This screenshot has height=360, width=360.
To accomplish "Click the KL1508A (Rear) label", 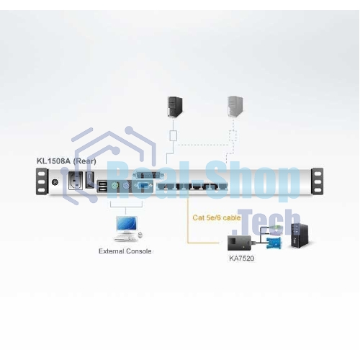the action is tap(66, 161).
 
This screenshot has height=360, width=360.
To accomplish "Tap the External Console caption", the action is tap(125, 251).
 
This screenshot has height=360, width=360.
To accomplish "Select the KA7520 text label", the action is tap(241, 258).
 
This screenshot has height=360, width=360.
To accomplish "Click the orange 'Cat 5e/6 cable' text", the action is tap(217, 217).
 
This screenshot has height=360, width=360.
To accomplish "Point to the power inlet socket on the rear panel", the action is tap(76, 181).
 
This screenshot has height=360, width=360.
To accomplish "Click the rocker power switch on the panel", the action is tap(89, 180).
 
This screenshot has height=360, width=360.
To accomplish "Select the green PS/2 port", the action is tap(114, 186).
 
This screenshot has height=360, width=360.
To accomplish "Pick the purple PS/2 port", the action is tap(126, 186).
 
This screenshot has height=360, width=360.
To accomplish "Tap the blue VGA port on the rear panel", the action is tap(143, 186).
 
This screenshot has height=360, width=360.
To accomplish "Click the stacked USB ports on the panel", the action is tap(103, 186).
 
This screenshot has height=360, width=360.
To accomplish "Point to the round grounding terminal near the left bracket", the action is tap(55, 182).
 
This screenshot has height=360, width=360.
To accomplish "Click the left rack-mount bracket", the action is tap(42, 181).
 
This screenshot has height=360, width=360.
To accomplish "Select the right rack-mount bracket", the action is tap(317, 181).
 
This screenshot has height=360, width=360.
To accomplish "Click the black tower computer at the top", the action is tap(175, 107).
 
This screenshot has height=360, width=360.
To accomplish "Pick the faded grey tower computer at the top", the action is tap(235, 107).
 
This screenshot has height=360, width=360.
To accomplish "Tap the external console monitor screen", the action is tap(127, 223).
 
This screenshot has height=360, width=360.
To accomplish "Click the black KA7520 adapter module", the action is tap(239, 243).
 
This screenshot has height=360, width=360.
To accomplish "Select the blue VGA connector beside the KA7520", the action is tap(274, 243).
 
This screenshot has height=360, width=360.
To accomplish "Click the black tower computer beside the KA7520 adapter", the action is tap(300, 235).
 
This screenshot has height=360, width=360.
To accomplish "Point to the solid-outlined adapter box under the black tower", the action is tap(174, 135).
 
